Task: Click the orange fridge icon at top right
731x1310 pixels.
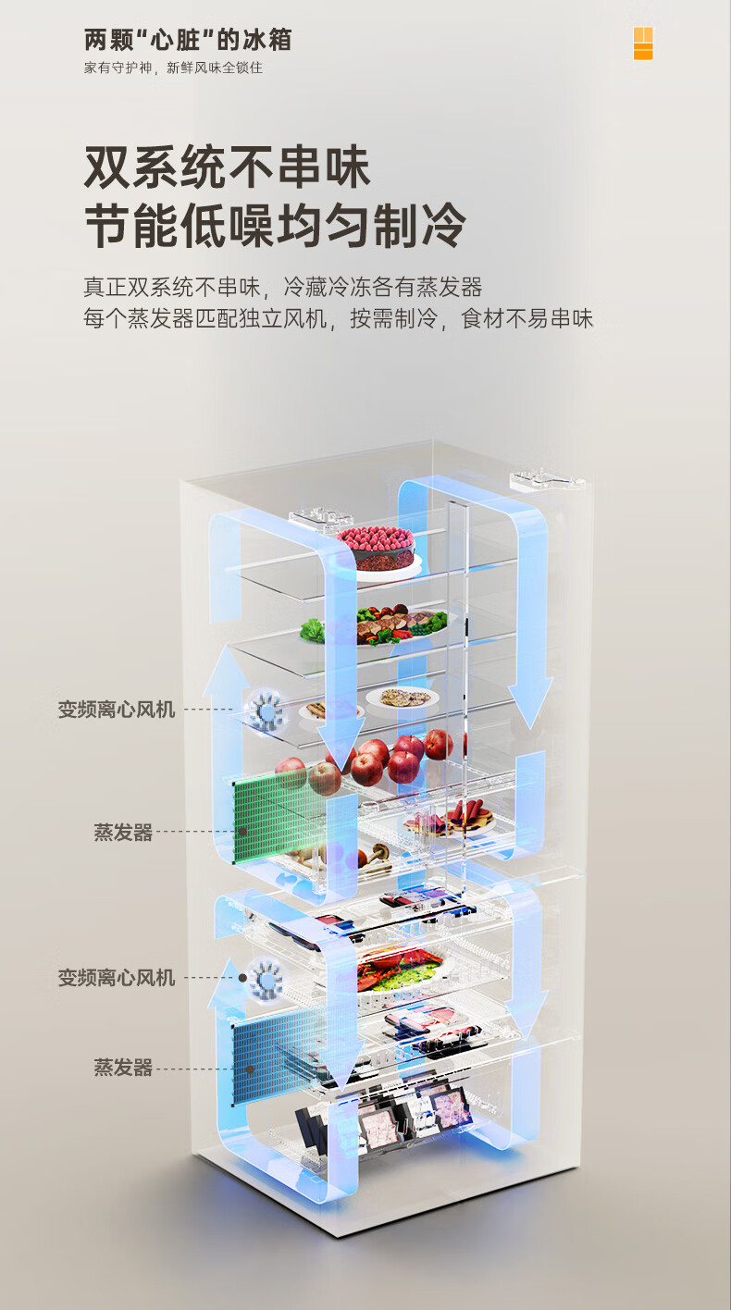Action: coord(643,43)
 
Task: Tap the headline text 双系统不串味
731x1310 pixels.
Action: coord(227,167)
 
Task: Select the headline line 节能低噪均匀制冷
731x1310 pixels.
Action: coord(275,226)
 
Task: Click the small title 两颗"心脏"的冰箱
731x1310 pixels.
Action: coord(188,41)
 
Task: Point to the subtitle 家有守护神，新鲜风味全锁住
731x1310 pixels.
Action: coord(173,68)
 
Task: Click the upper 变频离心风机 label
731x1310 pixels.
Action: coord(117,710)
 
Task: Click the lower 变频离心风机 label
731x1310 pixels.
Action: coord(117,978)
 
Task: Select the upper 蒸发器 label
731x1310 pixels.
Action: coord(123,833)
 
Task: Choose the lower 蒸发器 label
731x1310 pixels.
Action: coord(123,1068)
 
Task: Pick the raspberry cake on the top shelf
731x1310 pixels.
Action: coord(376,547)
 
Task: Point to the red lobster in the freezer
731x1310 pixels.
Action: coord(393,972)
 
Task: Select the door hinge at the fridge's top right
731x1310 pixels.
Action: coord(548,480)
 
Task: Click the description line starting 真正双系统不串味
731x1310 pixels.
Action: coord(282,287)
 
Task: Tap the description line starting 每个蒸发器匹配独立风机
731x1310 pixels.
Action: coord(338,319)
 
